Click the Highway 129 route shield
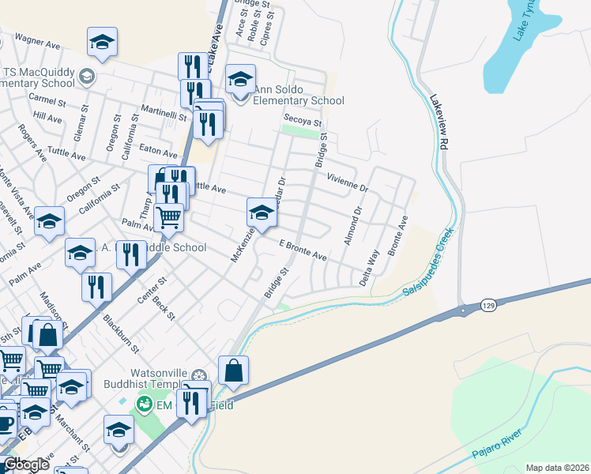tap(487, 304)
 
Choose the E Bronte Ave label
tap(303, 250)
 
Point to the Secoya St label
tap(303, 122)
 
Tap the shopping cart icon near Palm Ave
tap(168, 216)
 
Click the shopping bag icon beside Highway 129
tap(234, 370)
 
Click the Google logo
tap(25, 465)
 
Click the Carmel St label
tap(47, 100)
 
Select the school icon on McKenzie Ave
tap(262, 211)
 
